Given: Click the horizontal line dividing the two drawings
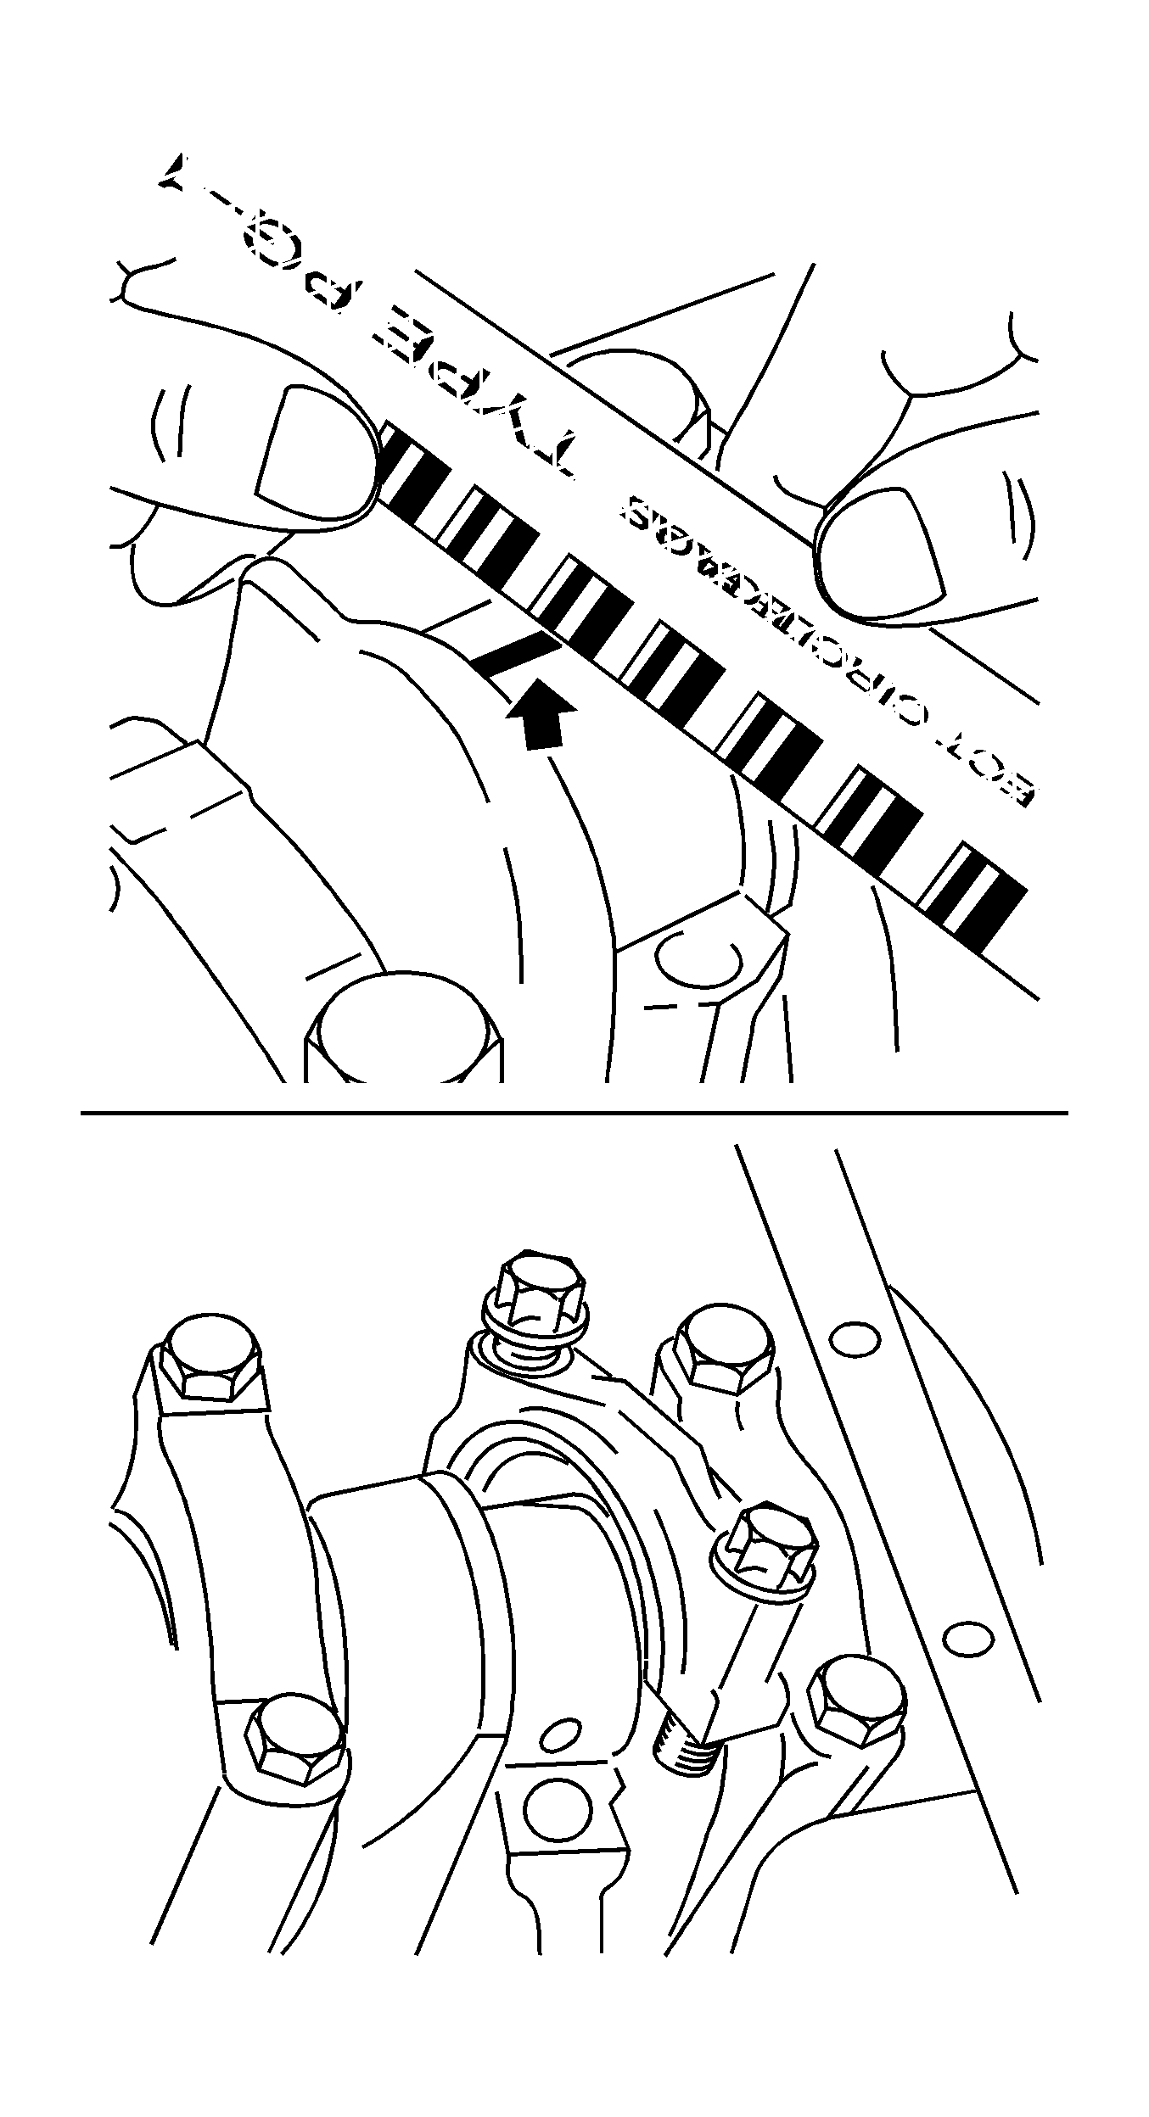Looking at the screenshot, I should point(574,1112).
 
